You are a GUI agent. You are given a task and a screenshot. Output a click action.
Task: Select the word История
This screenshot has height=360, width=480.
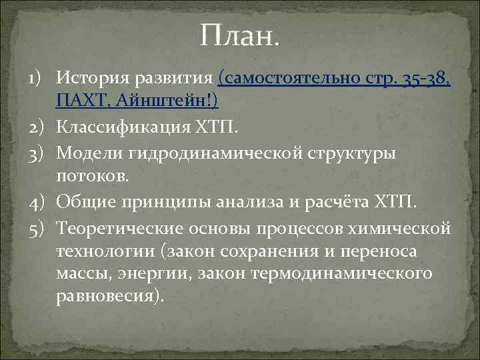pyautogui.click(x=91, y=77)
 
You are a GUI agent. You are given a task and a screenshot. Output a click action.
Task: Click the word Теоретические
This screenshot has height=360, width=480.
pyautogui.click(x=112, y=228)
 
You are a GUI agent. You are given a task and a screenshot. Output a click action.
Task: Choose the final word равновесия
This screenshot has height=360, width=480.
pyautogui.click(x=109, y=297)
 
